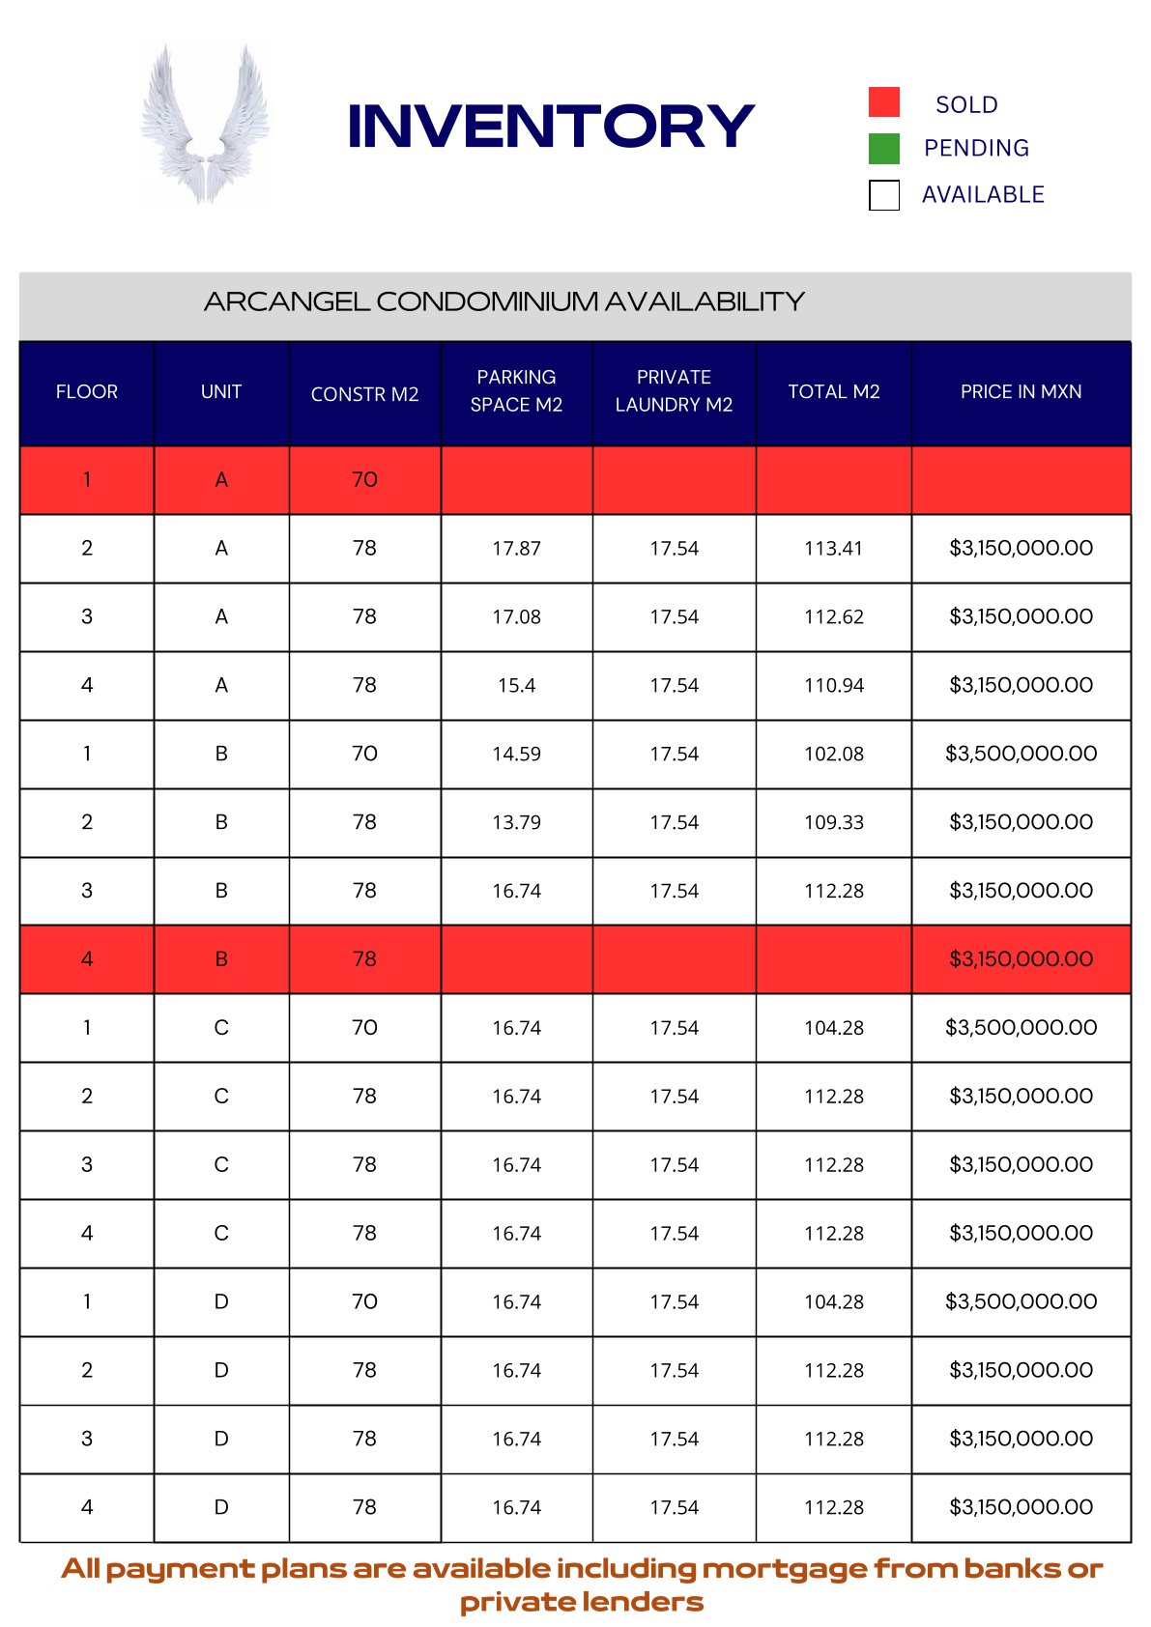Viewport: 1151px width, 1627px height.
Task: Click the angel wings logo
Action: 204,124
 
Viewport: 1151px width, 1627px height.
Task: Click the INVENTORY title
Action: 550,127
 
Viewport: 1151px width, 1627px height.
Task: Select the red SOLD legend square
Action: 883,102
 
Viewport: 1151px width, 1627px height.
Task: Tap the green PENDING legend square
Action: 883,149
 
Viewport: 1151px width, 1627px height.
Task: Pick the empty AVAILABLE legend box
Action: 883,195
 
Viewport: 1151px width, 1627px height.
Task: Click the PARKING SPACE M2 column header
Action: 516,391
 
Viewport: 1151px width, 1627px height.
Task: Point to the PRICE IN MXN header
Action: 1021,391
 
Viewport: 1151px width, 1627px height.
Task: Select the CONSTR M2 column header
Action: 364,394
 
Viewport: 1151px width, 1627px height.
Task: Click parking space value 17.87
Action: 516,549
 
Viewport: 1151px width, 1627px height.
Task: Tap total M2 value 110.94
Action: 833,686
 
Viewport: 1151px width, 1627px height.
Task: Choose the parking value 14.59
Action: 516,755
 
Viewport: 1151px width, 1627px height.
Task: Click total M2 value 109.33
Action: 833,823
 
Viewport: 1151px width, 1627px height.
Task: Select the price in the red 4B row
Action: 1021,959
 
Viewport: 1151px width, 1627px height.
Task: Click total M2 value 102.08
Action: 833,755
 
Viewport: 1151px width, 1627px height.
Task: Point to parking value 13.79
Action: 516,823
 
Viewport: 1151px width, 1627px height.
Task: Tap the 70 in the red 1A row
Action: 364,480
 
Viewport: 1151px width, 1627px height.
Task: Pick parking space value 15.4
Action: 516,686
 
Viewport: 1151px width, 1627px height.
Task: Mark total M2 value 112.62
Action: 833,617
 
